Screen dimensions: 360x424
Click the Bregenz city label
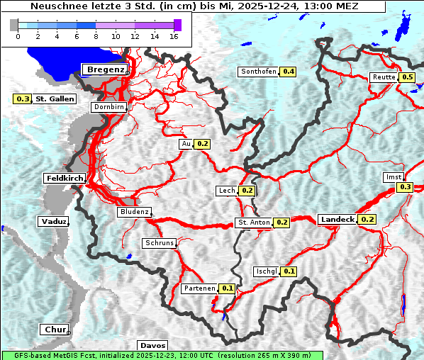[x=106, y=69]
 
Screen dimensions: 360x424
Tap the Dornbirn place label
[x=108, y=107]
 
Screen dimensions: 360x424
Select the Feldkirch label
[x=65, y=178]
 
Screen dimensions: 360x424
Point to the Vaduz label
[x=53, y=221]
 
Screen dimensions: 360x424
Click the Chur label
[x=54, y=330]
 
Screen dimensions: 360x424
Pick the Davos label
[x=152, y=345]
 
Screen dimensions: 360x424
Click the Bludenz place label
[x=134, y=212]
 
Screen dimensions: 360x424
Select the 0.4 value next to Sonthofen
[x=289, y=72]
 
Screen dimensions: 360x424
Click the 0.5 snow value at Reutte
[x=407, y=77]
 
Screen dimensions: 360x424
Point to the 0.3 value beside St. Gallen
[x=23, y=99]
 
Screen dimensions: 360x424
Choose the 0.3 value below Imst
[x=405, y=187]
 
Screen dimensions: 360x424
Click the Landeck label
[x=337, y=220]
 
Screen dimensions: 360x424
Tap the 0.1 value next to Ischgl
[x=289, y=271]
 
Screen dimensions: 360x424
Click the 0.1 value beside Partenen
[x=227, y=288]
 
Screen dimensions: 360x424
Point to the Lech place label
[x=226, y=191]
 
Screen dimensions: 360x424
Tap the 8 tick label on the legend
[x=96, y=36]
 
